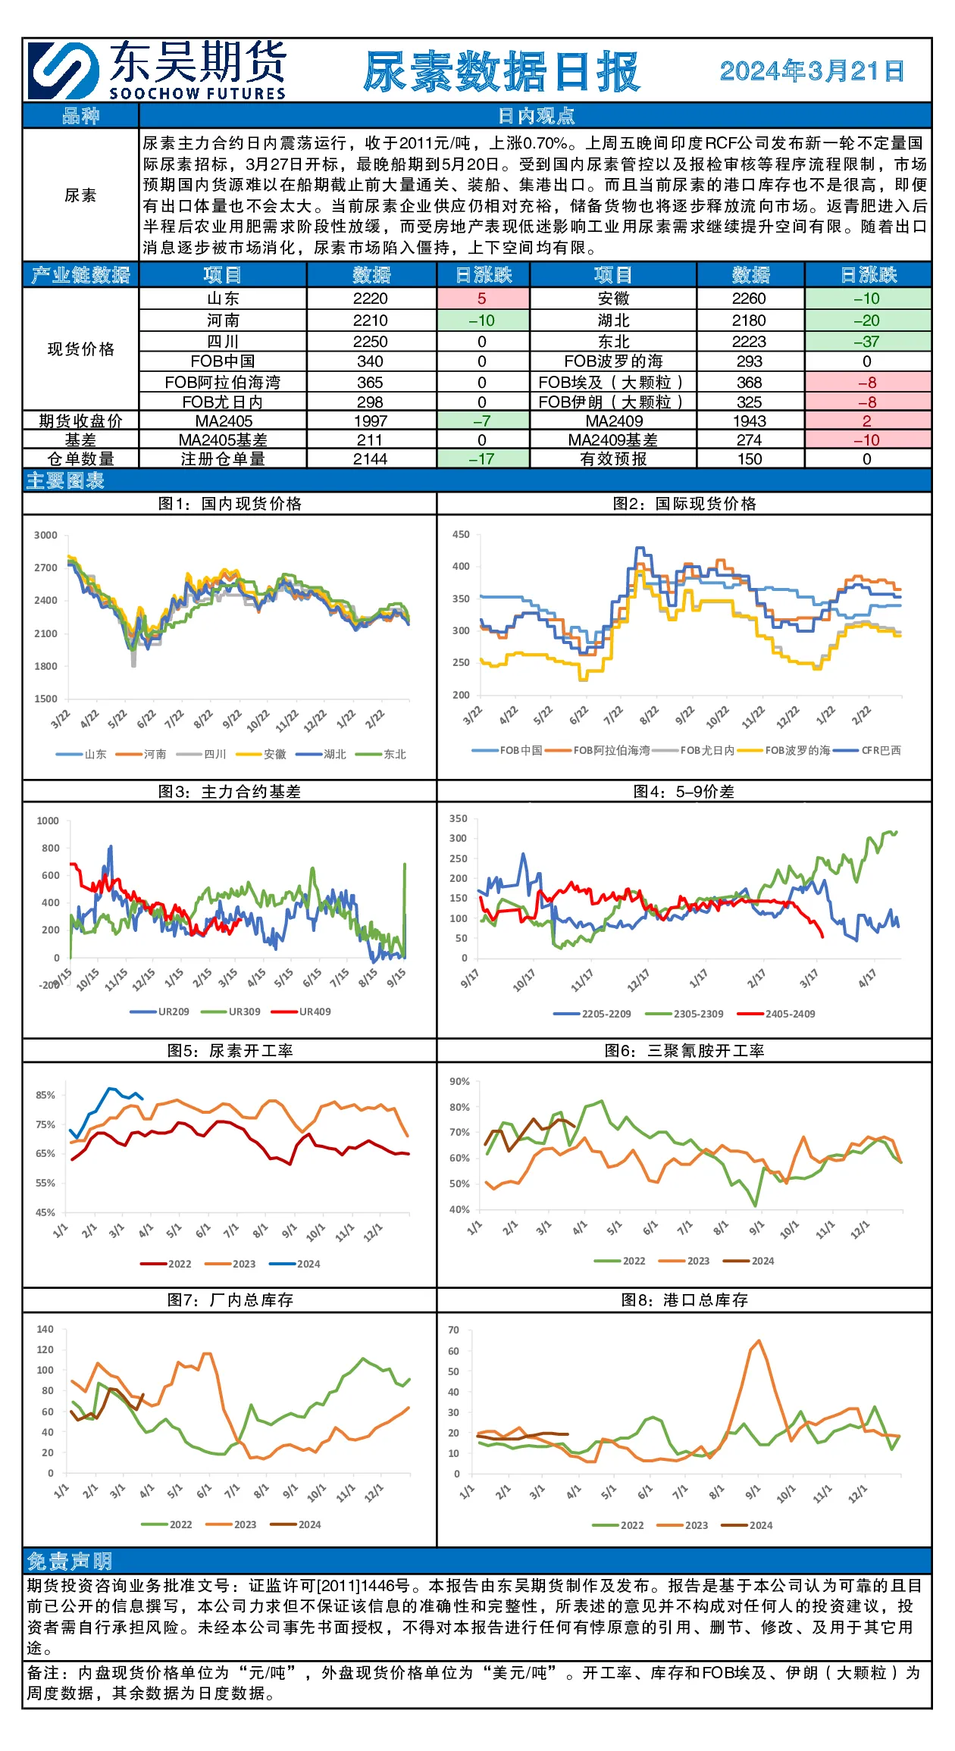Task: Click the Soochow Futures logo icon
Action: pos(64,70)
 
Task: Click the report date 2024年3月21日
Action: pos(812,71)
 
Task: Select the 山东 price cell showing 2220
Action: pos(371,299)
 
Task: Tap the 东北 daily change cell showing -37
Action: pos(867,342)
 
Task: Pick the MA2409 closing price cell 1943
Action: pos(750,421)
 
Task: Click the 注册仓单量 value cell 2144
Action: pos(371,459)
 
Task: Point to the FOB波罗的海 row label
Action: pos(613,361)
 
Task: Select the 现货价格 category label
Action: pos(81,349)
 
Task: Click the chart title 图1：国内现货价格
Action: pos(230,504)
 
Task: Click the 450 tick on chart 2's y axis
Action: pos(461,534)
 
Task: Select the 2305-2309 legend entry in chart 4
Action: pos(684,1014)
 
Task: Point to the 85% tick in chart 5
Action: pos(45,1095)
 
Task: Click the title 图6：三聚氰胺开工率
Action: pos(684,1051)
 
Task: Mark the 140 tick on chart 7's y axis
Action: pos(45,1329)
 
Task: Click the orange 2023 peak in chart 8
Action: pos(759,1340)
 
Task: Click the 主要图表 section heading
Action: pos(65,480)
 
